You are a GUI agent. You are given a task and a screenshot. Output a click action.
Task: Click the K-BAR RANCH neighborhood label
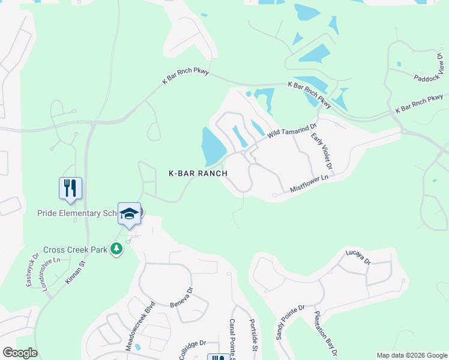click(197, 173)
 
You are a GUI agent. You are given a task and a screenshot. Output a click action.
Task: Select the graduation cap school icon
click(129, 213)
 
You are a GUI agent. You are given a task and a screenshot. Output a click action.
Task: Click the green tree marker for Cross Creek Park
click(116, 249)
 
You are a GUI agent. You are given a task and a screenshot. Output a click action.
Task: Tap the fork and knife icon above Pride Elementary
click(70, 188)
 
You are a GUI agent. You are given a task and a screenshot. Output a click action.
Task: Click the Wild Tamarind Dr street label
click(291, 132)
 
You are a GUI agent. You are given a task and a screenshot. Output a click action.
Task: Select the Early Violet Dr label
click(322, 151)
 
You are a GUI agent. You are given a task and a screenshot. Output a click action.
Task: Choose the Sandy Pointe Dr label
click(290, 322)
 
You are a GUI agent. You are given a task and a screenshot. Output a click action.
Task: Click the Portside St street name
click(253, 335)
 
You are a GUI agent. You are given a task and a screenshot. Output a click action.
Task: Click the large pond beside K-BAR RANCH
click(212, 148)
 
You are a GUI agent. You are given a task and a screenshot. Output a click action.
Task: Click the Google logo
click(20, 353)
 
